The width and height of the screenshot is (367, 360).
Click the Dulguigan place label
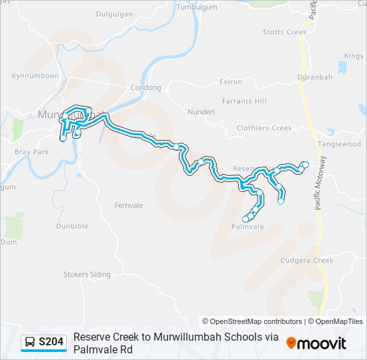(115, 13)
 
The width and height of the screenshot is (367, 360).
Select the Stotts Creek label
(285, 32)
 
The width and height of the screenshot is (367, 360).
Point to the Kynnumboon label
(35, 76)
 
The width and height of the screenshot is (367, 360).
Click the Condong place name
(145, 87)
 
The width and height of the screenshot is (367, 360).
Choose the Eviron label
(230, 82)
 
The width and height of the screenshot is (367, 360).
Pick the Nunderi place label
(202, 112)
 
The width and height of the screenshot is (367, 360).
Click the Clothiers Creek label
(264, 128)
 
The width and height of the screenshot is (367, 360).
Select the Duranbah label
(315, 77)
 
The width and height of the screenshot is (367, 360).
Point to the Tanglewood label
(340, 144)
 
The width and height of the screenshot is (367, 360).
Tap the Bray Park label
(32, 152)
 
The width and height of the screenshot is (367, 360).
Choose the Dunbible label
(72, 226)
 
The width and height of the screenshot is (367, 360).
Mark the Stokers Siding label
(87, 274)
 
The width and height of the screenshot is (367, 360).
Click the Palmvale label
(248, 227)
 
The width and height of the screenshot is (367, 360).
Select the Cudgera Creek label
(307, 261)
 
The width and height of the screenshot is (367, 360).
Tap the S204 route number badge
(44, 342)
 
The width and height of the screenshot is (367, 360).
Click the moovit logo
(316, 343)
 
